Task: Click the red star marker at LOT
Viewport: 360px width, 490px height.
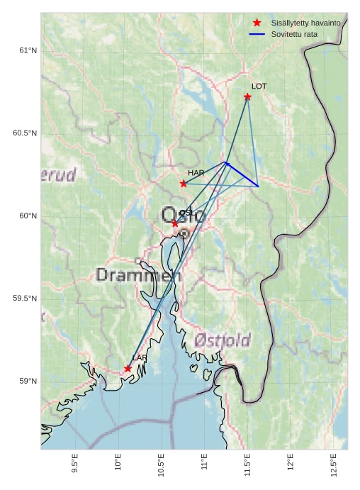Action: [247, 96]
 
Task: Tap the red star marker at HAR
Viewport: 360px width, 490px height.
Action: [184, 184]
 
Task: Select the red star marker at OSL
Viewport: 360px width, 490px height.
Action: [175, 223]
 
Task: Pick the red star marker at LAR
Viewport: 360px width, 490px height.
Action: [128, 369]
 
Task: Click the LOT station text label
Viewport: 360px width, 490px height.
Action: [259, 87]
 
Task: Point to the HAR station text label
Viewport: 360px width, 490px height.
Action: [196, 173]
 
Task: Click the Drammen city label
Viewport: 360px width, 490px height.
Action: [138, 275]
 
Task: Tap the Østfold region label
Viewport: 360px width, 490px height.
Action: [222, 341]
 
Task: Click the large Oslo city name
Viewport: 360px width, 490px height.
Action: [182, 215]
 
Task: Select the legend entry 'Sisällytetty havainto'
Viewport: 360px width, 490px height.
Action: [305, 23]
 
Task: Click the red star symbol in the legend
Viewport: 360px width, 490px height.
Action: [257, 23]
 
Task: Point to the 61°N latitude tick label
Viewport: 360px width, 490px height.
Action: [28, 50]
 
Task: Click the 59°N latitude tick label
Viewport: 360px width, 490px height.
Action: [28, 382]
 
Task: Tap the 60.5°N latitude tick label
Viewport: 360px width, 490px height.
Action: [25, 133]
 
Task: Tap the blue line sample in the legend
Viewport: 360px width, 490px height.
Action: [257, 34]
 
